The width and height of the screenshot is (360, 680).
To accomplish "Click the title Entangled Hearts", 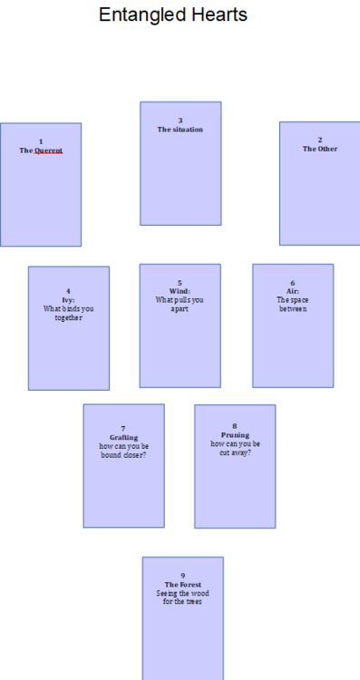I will (172, 15).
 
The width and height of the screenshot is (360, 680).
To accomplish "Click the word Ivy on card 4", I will (68, 300).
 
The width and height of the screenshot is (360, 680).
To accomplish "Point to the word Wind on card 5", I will (180, 291).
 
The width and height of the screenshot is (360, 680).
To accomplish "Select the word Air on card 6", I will (292, 291).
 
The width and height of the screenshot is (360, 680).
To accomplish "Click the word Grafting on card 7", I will (123, 437).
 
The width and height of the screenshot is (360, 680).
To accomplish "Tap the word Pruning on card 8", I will (235, 435).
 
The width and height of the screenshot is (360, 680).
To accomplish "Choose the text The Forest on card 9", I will (182, 585).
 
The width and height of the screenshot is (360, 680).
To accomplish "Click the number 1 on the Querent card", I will (41, 141).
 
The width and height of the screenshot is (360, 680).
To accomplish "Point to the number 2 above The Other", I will (320, 140).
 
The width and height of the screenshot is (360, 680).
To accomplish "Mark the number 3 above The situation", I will (180, 121).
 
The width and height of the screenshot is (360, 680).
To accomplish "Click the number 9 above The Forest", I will (182, 576).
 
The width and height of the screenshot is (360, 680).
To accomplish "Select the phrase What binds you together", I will (68, 313).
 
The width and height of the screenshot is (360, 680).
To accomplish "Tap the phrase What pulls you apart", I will (180, 304).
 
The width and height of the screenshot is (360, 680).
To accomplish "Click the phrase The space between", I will (293, 304).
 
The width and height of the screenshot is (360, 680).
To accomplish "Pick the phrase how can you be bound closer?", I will (123, 450).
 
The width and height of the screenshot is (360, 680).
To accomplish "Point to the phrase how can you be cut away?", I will (235, 448).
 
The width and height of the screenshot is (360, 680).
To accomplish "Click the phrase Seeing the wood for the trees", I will (182, 597).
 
